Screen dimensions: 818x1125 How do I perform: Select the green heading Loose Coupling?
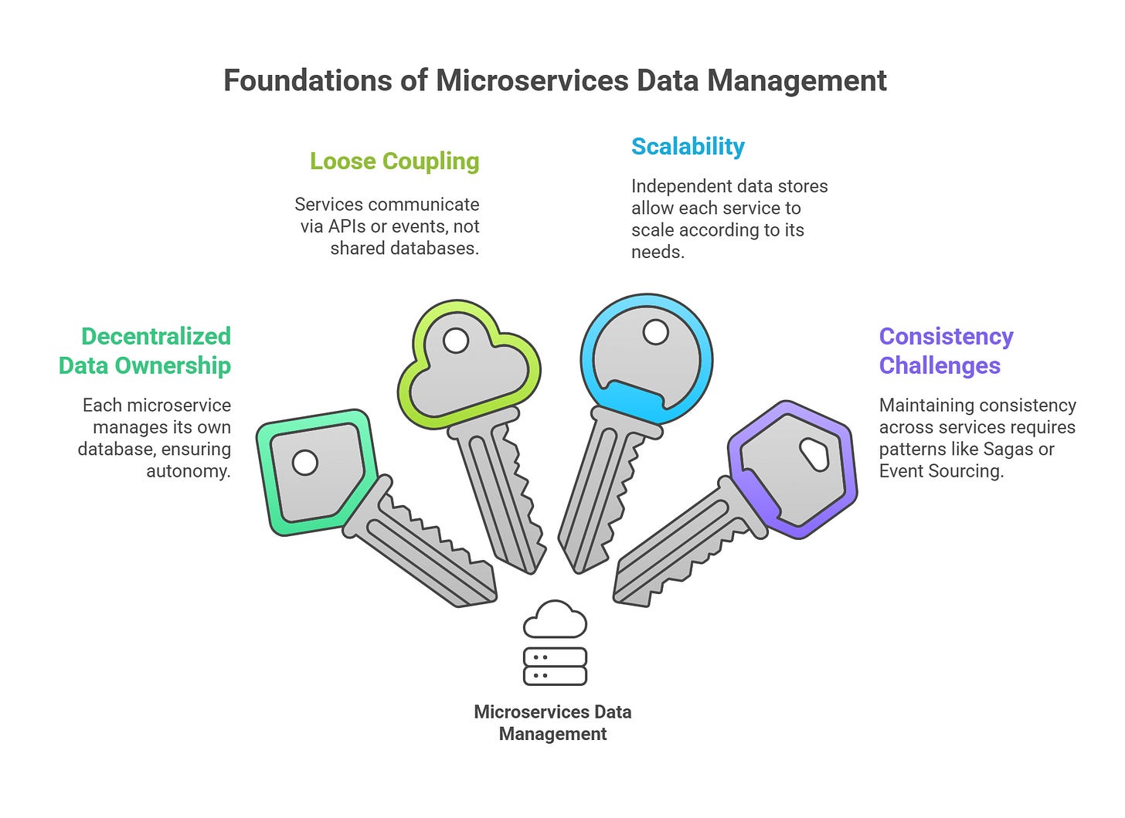click(x=394, y=161)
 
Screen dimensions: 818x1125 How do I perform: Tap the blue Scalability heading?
click(x=688, y=147)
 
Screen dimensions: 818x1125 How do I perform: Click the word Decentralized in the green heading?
click(x=156, y=337)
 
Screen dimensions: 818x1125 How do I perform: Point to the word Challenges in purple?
click(x=940, y=365)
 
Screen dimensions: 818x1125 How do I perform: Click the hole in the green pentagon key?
click(x=305, y=463)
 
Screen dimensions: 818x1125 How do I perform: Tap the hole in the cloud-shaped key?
click(x=455, y=341)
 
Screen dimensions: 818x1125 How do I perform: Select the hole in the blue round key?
click(x=655, y=333)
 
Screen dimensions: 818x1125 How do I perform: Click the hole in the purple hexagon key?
click(x=814, y=454)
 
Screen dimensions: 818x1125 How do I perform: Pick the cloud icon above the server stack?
click(x=555, y=620)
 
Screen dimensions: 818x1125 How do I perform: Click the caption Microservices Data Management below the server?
click(x=552, y=723)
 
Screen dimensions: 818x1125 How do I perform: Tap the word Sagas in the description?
click(x=1009, y=450)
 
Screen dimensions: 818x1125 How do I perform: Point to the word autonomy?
click(x=189, y=471)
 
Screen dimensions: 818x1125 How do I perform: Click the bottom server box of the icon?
click(x=555, y=676)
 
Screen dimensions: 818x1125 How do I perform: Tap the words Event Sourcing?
click(x=941, y=471)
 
